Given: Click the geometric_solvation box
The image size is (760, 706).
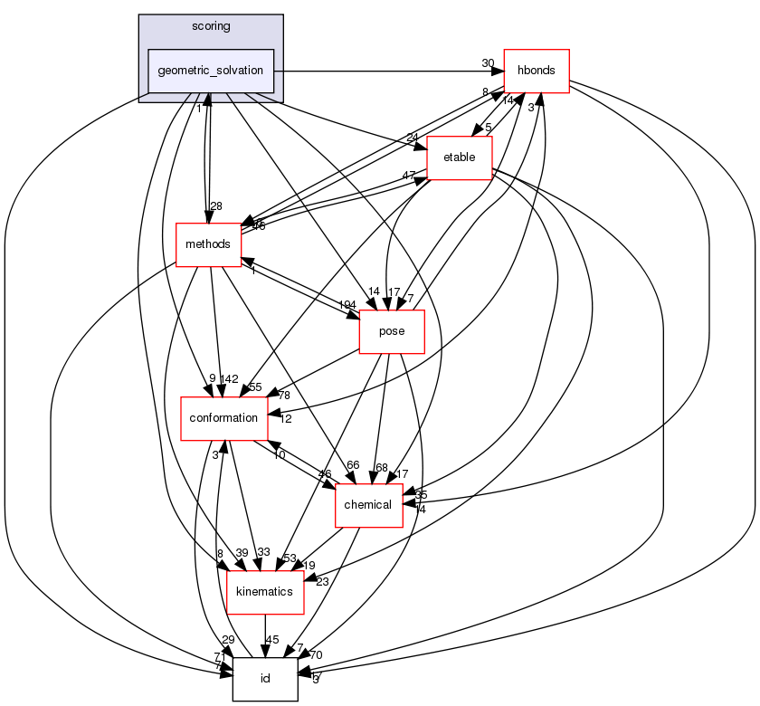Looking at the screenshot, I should click(211, 71).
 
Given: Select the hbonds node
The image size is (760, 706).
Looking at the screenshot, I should click(536, 71).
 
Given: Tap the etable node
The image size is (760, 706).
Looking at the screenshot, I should click(460, 157).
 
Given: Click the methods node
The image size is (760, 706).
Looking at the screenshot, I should click(208, 244).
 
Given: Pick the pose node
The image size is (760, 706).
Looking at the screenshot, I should click(393, 331).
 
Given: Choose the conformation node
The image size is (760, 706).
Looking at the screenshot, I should click(224, 418).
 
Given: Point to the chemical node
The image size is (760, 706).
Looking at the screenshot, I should click(368, 505).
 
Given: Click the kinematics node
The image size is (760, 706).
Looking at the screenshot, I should click(264, 592).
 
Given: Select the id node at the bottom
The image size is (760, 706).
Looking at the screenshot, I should click(265, 679).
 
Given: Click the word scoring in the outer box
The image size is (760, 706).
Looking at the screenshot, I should click(211, 26).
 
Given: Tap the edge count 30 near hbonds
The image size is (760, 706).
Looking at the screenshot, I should click(488, 62).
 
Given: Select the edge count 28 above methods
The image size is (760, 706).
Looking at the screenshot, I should click(216, 206).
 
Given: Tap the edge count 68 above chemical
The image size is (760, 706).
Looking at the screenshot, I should click(381, 467).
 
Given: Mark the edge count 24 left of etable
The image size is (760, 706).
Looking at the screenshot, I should click(413, 138).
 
